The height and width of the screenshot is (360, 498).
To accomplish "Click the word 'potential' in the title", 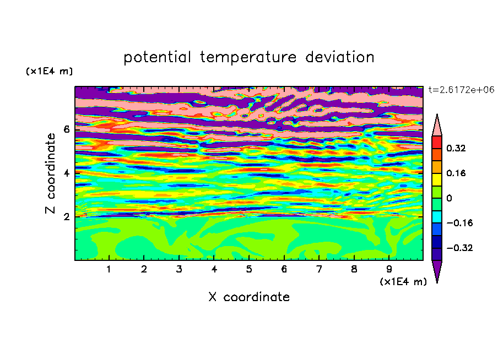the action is [157, 57].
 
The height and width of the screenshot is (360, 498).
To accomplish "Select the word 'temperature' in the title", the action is [248, 57].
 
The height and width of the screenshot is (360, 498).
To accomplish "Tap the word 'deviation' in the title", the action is [339, 57].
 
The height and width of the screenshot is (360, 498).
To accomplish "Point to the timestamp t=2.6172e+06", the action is [461, 90].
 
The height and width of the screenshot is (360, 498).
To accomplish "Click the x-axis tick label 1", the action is [109, 269].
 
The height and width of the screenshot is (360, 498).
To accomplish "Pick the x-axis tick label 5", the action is [249, 269].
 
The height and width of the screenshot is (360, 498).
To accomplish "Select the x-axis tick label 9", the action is [389, 269].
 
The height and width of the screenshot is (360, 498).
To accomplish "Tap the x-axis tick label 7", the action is [319, 269].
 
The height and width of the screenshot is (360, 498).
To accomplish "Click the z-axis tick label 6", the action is [66, 129].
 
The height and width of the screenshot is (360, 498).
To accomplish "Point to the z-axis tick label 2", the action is [66, 217].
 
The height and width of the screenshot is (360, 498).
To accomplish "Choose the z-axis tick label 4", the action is [66, 173].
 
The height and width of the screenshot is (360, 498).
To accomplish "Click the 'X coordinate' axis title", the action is [249, 297].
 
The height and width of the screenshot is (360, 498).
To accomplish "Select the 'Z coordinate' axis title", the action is [50, 173].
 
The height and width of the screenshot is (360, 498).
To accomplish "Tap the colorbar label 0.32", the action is [456, 148].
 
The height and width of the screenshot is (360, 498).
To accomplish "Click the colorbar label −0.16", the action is [459, 223].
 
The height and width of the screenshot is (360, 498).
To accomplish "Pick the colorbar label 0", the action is [449, 198].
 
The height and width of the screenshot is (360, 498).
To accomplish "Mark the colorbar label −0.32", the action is [459, 248].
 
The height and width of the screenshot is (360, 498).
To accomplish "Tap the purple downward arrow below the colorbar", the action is [437, 270].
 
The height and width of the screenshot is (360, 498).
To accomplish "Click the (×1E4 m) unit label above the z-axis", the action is [49, 71].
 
